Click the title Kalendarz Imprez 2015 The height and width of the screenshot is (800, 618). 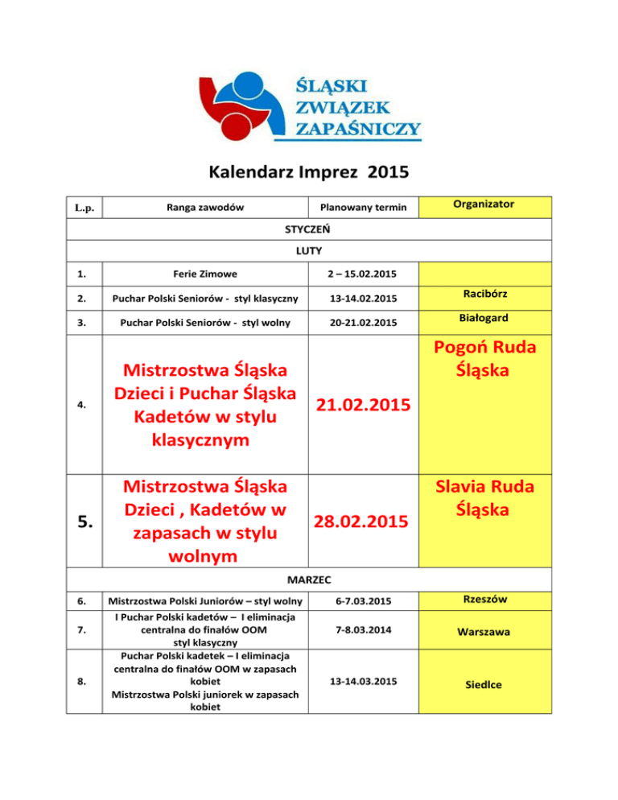pyautogui.click(x=308, y=171)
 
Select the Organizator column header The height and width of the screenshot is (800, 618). pyautogui.click(x=483, y=204)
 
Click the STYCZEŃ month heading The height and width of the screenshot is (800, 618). pyautogui.click(x=309, y=229)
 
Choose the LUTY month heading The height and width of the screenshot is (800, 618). pyautogui.click(x=309, y=251)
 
